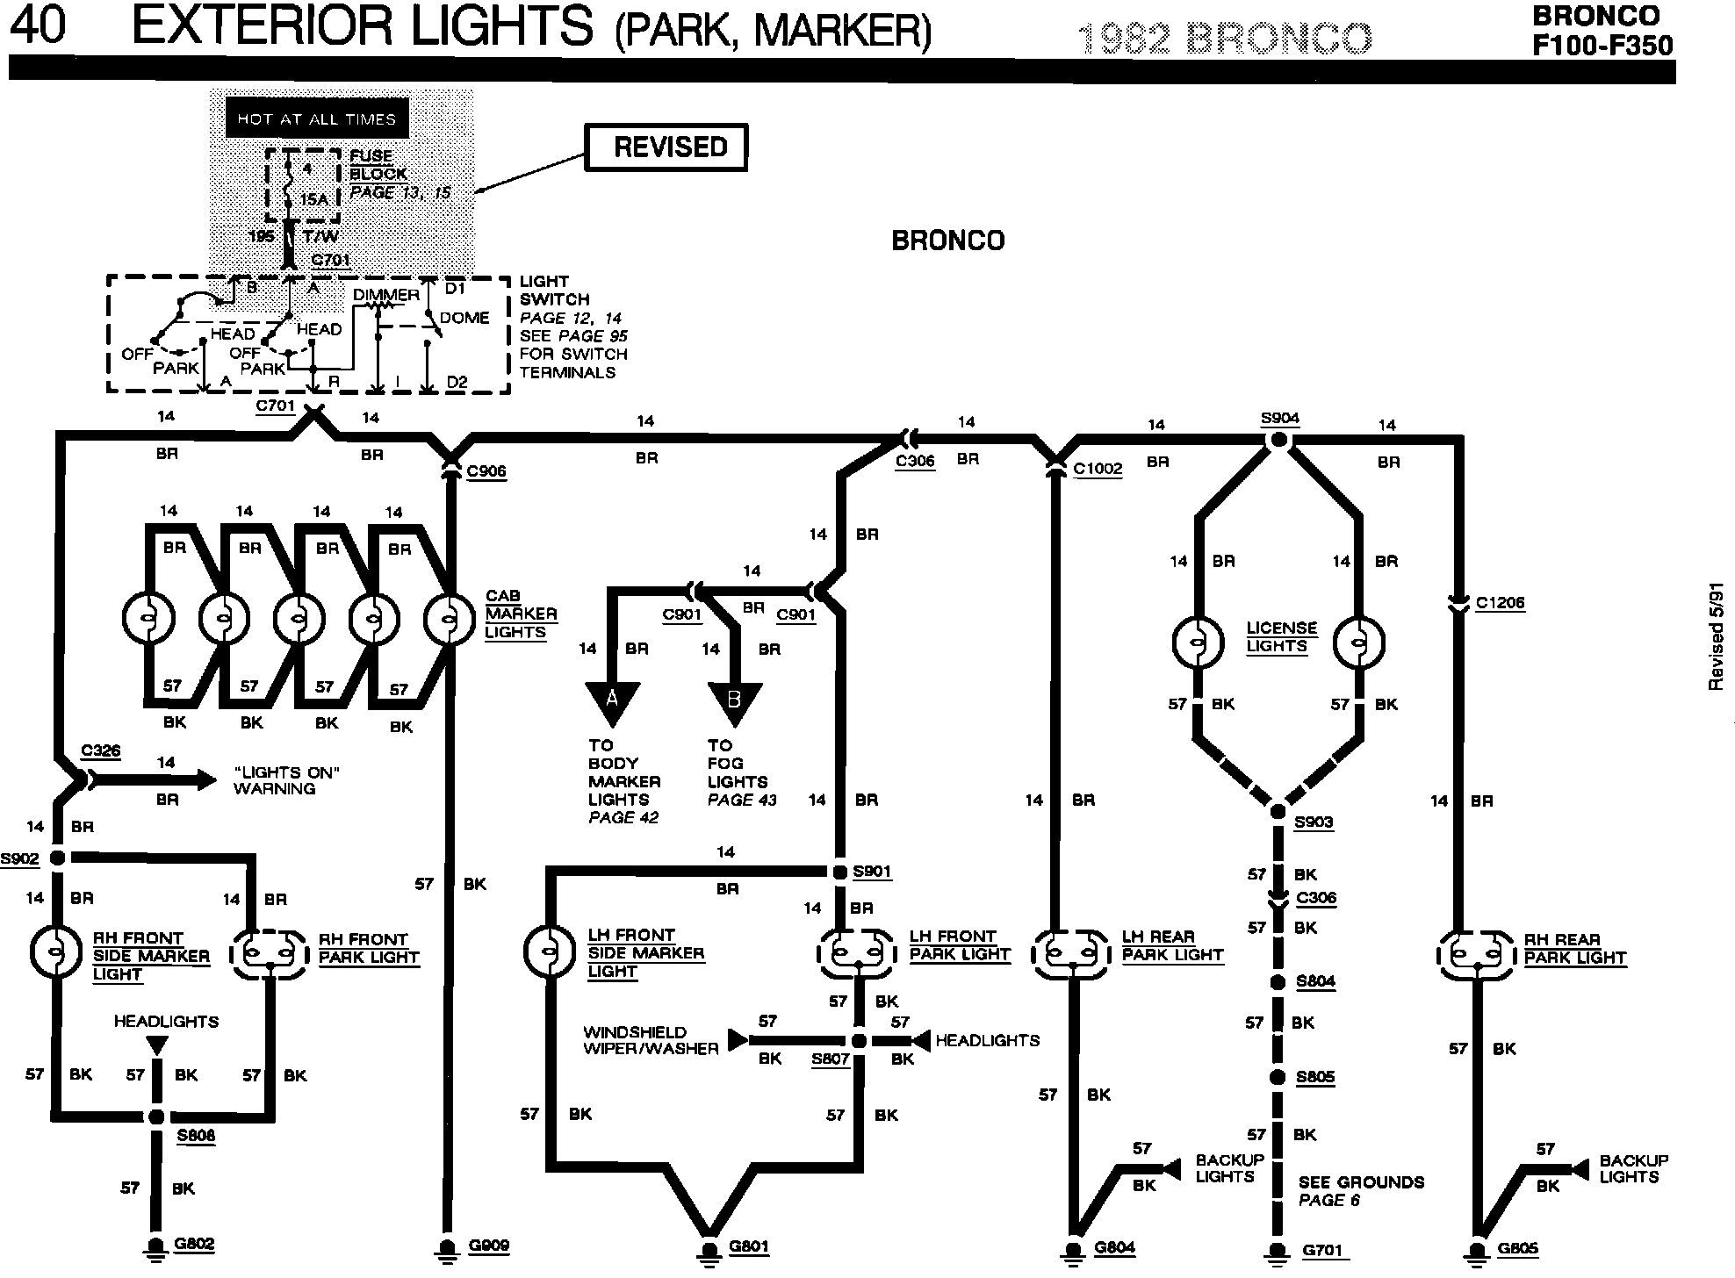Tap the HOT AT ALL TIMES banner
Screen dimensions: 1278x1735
[x=317, y=118]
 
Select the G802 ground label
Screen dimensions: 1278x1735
[x=195, y=1244]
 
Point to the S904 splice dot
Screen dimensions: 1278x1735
[x=1279, y=440]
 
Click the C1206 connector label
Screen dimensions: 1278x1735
[x=1500, y=603]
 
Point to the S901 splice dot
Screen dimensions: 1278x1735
[x=839, y=872]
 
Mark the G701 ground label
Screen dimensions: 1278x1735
[x=1323, y=1250]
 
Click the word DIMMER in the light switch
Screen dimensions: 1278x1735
[x=386, y=295]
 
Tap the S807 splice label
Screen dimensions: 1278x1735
[x=830, y=1059]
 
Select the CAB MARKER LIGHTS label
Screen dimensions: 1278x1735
[x=521, y=614]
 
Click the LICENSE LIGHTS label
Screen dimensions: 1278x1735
[x=1282, y=637]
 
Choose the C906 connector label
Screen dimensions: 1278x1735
[x=486, y=471]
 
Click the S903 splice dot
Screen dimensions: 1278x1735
[x=1278, y=811]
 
